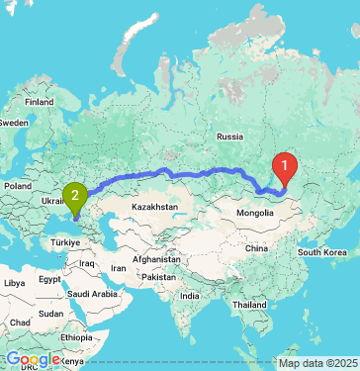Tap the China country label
pos(256,247)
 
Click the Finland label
pos(40,101)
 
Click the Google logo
pos(31,359)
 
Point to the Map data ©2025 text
pos(317,363)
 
